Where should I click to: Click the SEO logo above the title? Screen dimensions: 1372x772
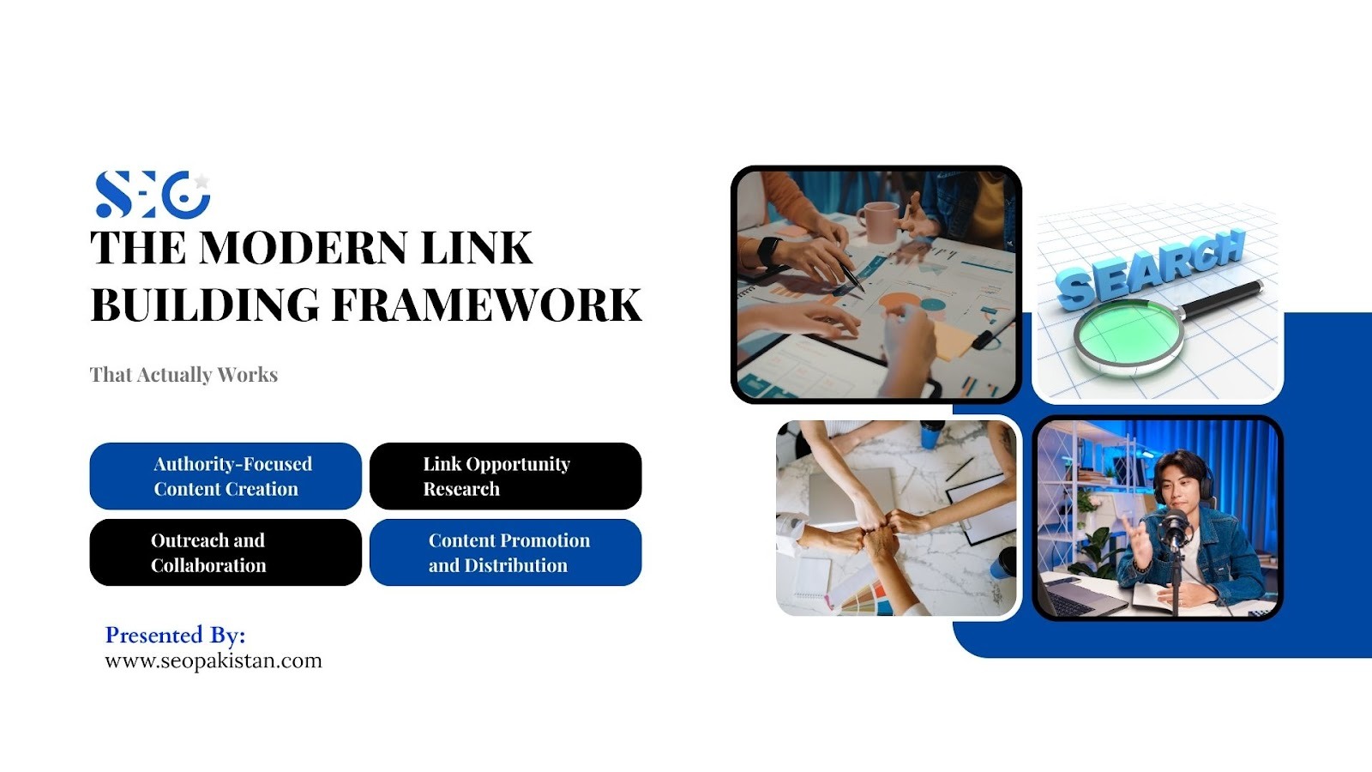point(153,194)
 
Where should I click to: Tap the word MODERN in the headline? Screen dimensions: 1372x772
point(304,248)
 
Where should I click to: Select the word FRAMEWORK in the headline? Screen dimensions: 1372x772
point(487,305)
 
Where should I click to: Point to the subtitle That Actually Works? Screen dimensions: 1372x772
point(184,374)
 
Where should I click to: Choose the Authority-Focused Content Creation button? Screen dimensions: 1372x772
point(226,476)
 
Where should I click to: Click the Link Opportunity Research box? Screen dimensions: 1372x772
point(505,476)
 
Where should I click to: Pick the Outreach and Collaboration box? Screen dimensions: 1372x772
point(226,552)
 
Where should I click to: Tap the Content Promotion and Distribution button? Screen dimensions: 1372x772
point(505,552)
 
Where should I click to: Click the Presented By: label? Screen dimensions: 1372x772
point(175,636)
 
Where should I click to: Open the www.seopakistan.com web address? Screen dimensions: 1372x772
point(214,661)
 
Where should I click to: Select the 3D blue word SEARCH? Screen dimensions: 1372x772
point(1152,268)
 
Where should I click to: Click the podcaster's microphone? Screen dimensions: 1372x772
point(1174,528)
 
